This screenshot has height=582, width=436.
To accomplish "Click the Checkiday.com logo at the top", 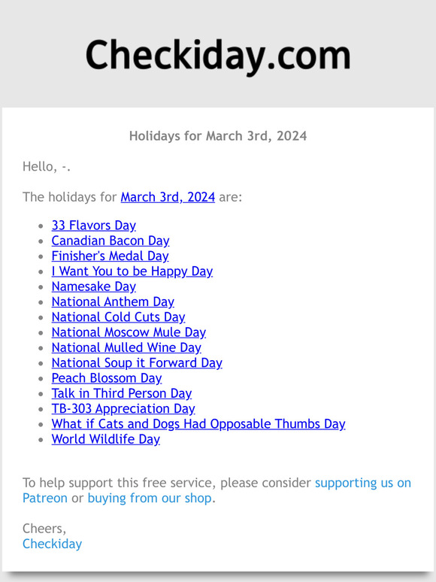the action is click(218, 56).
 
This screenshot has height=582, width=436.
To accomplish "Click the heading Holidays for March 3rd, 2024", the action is click(218, 136).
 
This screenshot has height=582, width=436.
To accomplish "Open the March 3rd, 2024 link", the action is click(168, 197).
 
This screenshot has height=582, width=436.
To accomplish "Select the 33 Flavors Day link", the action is click(93, 225).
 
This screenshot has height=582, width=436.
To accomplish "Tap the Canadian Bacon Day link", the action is click(110, 241).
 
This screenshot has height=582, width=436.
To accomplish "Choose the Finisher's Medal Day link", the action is click(110, 256).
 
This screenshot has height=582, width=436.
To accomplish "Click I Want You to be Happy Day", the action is click(132, 271).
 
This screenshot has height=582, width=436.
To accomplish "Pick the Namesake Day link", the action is click(93, 286).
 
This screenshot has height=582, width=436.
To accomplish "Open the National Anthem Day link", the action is click(113, 302).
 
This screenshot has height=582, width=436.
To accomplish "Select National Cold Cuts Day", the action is click(118, 317).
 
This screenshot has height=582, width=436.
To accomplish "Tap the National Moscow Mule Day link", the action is click(129, 332).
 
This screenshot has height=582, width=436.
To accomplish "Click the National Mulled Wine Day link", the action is click(126, 347).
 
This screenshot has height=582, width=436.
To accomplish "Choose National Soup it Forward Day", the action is click(137, 362).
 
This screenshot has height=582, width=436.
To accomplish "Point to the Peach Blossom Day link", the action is click(107, 378).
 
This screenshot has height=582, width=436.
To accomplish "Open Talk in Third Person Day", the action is click(121, 393).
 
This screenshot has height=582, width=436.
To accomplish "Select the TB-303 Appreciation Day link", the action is click(123, 408).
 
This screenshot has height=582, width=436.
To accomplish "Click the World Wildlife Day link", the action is click(105, 439).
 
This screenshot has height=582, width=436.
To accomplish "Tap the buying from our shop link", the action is click(150, 498).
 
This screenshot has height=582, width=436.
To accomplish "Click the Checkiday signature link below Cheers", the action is click(52, 544).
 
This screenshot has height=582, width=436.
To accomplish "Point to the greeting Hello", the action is click(46, 167).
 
